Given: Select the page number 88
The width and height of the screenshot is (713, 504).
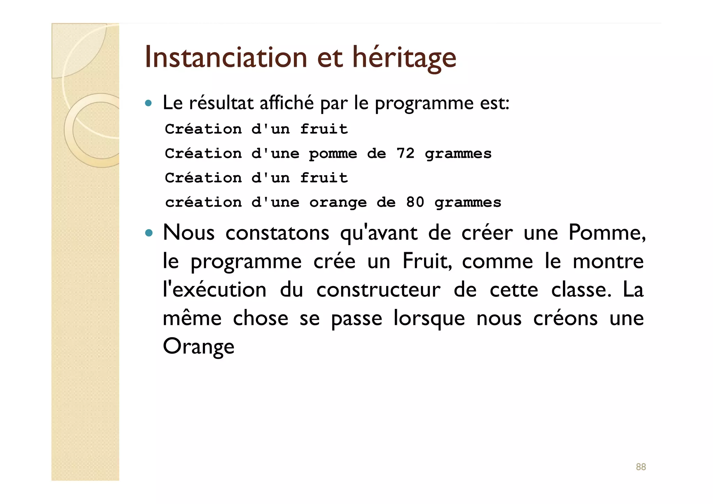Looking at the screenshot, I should tap(641, 467).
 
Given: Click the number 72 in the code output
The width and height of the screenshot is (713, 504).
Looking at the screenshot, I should tap(405, 153).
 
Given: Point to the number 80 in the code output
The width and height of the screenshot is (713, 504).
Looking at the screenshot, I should tap(415, 202).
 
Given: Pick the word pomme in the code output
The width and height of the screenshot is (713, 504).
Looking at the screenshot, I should tap(333, 154).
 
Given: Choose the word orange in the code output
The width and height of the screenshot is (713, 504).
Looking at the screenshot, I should tap(338, 203).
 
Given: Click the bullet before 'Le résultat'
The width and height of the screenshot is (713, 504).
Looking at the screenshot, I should tap(149, 103).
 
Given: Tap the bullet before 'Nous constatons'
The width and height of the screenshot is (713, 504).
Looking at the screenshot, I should tap(149, 233).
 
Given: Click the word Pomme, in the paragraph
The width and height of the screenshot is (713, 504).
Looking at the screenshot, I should tap(607, 232).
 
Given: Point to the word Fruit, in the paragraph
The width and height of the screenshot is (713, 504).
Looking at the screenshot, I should tap(427, 261).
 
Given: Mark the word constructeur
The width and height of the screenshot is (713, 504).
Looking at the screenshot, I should tap(378, 290).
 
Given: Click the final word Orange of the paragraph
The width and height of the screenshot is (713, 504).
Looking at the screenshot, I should tap(198, 347).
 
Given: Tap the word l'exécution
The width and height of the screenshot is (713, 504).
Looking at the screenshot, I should tap(214, 290).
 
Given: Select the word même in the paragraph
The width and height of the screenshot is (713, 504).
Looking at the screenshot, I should tap(192, 318).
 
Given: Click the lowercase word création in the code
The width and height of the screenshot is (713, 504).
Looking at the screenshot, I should tap(203, 202).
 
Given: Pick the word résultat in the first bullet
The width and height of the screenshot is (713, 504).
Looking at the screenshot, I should tap(221, 103).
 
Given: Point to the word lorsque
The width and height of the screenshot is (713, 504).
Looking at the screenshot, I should tap(429, 318).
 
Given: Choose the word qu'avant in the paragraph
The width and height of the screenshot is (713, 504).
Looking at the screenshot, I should tap(378, 233).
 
